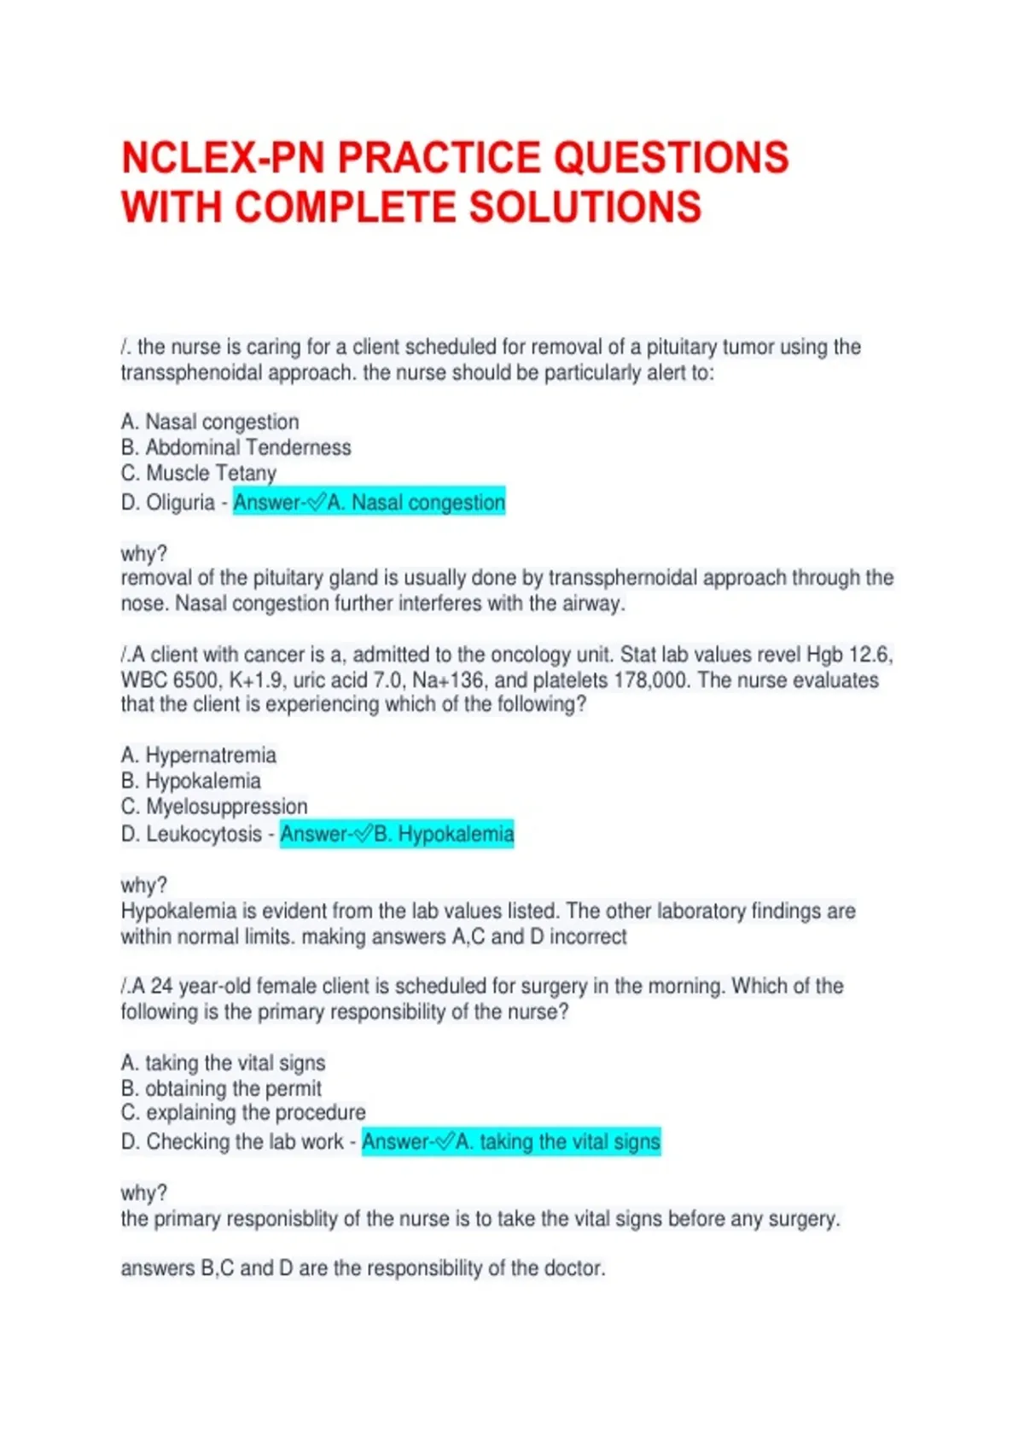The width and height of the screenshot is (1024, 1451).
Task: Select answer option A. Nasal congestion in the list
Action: [x=210, y=422]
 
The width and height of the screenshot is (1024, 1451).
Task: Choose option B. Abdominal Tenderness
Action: [x=236, y=447]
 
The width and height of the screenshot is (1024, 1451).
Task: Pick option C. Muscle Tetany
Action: [x=199, y=473]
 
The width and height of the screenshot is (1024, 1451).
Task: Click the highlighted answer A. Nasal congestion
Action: [x=369, y=502]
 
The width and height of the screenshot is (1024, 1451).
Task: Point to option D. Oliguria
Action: [x=168, y=503]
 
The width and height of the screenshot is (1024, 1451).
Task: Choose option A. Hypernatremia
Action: [x=199, y=755]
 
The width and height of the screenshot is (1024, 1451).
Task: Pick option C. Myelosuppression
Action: [x=214, y=807]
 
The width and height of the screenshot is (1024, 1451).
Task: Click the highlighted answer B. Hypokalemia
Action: [x=398, y=834]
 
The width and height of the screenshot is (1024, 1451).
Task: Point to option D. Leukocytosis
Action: [x=191, y=834]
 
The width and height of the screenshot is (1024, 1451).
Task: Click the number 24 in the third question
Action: [x=162, y=986]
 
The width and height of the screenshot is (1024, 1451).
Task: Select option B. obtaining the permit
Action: [x=221, y=1088]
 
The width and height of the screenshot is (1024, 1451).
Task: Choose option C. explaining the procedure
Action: [x=243, y=1113]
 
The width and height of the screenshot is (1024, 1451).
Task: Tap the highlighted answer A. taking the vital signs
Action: [x=511, y=1142]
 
